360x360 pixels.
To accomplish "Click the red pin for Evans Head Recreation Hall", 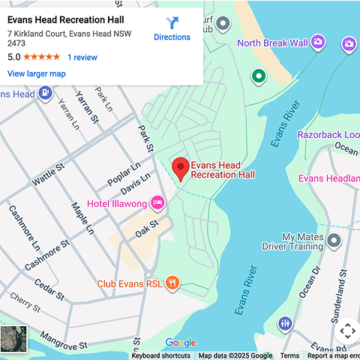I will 180,169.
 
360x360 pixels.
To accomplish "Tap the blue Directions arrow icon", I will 172,24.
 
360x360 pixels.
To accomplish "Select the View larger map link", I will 36,73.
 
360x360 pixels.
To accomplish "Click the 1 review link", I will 82,57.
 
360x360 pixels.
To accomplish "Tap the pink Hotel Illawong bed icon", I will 157,202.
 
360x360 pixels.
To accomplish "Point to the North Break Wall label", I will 272,43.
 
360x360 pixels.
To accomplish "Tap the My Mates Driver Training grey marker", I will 334,241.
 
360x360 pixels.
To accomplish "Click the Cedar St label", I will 49,289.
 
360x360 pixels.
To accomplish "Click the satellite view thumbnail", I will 13,339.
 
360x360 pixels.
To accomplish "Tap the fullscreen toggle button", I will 346,330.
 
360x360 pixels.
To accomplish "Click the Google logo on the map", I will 180,343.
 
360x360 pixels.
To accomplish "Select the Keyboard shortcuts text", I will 160,355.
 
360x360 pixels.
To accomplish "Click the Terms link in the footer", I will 289,355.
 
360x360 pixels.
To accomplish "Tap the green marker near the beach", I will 259,76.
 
